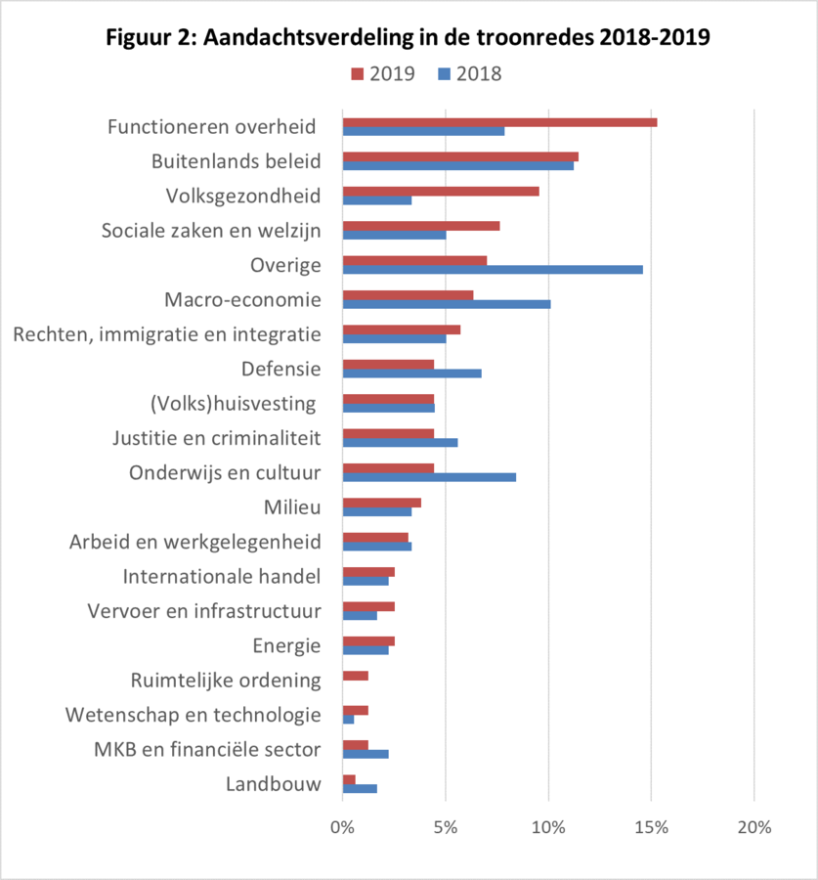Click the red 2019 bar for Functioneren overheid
499,122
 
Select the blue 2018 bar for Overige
493,269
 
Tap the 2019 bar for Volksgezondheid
441,191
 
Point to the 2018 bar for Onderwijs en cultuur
429,477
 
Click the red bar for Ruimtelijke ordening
356,676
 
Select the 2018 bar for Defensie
412,373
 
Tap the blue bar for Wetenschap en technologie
349,719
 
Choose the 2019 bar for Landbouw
349,778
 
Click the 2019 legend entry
382,73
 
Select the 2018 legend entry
469,73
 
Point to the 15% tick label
651,827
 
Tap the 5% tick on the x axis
446,827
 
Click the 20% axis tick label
753,827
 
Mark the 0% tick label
343,827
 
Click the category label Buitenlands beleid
237,161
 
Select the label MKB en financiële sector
207,750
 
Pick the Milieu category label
292,507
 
